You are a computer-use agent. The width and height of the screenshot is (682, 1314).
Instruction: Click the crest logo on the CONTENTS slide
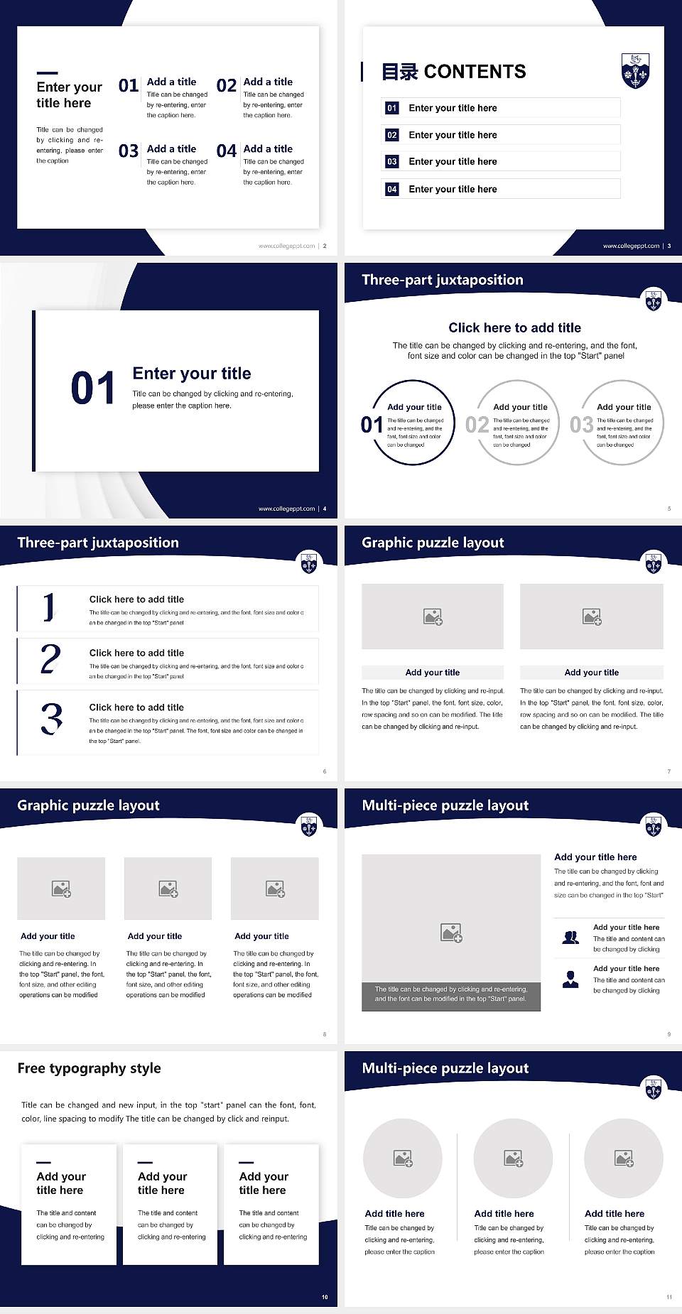tap(635, 70)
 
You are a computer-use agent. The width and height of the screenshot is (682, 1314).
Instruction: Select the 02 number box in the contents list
tap(392, 135)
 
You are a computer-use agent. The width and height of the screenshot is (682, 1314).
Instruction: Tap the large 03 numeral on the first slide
tap(129, 151)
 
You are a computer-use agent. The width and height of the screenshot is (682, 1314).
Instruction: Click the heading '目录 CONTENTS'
tap(454, 72)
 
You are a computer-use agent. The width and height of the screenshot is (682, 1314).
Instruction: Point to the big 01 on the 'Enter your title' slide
tap(93, 389)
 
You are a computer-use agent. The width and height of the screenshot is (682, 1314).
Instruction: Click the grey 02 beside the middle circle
tap(477, 425)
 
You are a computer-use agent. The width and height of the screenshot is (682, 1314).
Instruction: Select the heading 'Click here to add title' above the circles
tap(514, 327)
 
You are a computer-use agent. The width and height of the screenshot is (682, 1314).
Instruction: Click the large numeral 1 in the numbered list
tap(49, 607)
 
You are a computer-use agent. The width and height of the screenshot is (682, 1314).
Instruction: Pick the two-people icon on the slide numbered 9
tap(570, 938)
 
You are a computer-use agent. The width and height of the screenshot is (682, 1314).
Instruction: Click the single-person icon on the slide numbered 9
tap(570, 979)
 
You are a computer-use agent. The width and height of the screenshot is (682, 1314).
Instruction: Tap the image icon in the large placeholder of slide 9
tap(451, 933)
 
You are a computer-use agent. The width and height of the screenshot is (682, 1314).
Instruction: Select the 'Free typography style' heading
tap(89, 1068)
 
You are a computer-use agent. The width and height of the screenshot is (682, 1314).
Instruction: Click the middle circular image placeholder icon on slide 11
tap(514, 1158)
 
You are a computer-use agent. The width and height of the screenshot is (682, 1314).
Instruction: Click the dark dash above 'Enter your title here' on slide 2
tap(47, 72)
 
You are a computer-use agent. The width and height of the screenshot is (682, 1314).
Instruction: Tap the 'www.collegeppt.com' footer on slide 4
tap(286, 509)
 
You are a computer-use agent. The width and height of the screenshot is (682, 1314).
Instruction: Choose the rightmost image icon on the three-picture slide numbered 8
tap(275, 889)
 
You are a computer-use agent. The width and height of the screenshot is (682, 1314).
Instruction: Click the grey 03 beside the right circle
tap(581, 425)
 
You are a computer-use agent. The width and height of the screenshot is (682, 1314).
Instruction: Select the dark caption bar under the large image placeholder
tap(451, 994)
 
